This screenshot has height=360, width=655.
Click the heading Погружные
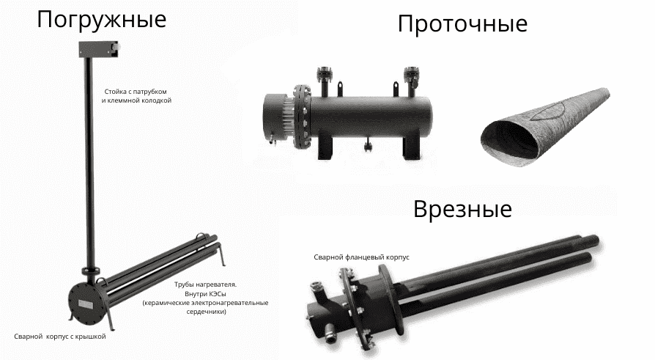(101, 19)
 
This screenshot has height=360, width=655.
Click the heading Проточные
(462, 23)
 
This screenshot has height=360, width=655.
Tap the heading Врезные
(462, 209)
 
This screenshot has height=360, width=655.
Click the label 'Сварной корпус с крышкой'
(60, 336)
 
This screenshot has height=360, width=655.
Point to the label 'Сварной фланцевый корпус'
(361, 257)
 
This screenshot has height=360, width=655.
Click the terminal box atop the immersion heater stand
(97, 49)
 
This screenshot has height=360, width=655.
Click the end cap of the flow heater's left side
(274, 114)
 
